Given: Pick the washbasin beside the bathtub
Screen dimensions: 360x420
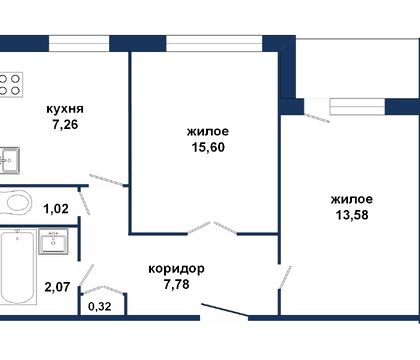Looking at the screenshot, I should pyautogui.click(x=53, y=241).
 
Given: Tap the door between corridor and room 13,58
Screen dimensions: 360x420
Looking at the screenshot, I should pyautogui.click(x=286, y=277).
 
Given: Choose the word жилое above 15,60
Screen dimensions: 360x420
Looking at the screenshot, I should pyautogui.click(x=207, y=131).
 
